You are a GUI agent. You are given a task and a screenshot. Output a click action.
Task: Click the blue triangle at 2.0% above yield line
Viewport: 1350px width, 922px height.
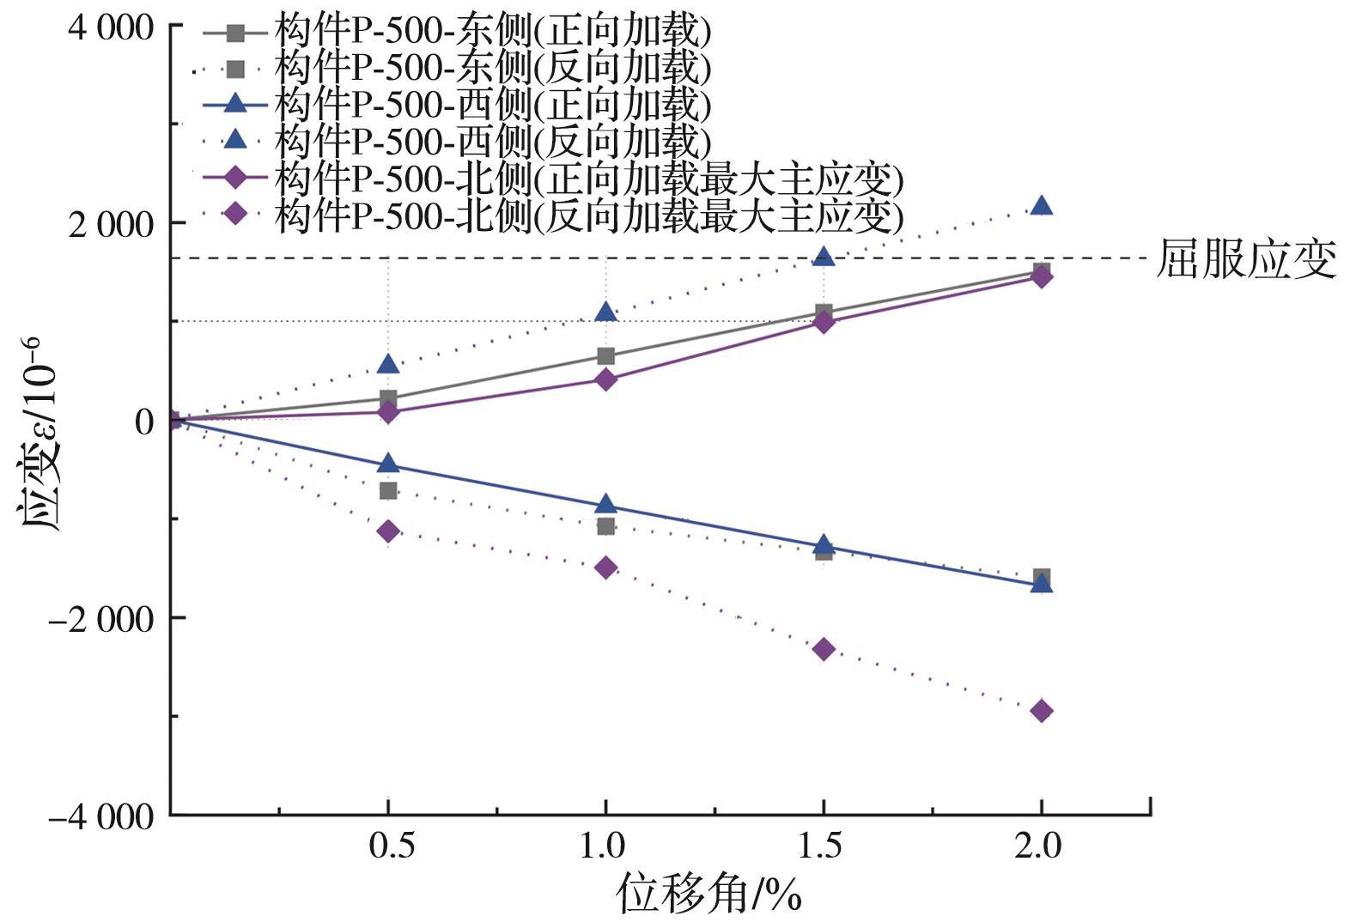[1041, 205]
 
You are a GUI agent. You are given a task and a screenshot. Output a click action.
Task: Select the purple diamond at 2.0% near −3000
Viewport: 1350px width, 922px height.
[1041, 711]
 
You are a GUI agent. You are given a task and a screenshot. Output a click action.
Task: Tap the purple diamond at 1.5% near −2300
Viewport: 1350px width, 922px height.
[824, 649]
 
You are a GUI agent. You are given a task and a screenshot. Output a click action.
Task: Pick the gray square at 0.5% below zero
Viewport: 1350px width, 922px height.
[388, 490]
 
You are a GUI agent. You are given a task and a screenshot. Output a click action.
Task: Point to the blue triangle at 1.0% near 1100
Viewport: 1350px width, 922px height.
[606, 312]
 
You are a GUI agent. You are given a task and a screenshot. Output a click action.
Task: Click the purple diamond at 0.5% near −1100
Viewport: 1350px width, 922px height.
[388, 531]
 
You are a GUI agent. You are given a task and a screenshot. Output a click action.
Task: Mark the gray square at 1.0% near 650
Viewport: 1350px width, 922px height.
[606, 356]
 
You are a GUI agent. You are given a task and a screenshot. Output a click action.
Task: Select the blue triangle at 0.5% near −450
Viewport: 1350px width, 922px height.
[388, 464]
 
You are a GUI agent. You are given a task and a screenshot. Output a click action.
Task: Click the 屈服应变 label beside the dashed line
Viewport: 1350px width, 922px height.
[1246, 259]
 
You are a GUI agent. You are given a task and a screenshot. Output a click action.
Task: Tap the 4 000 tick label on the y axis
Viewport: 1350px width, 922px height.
[112, 27]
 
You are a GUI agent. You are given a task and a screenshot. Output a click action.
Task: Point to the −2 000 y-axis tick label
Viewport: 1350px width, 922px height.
[102, 618]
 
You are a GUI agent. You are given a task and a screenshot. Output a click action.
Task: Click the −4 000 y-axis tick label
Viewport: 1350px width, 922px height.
[102, 816]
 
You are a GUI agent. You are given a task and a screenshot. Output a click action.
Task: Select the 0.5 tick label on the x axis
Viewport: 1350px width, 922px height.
[392, 846]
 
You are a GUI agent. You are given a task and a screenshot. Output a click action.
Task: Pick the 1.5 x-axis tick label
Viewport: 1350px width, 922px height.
[821, 846]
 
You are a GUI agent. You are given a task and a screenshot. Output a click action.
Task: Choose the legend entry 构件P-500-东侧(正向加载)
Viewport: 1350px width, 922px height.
[493, 33]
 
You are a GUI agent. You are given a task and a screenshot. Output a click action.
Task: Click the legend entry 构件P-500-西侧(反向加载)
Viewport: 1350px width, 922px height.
[493, 141]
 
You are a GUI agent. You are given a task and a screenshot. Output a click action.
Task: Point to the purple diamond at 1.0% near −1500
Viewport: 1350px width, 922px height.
[606, 567]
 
